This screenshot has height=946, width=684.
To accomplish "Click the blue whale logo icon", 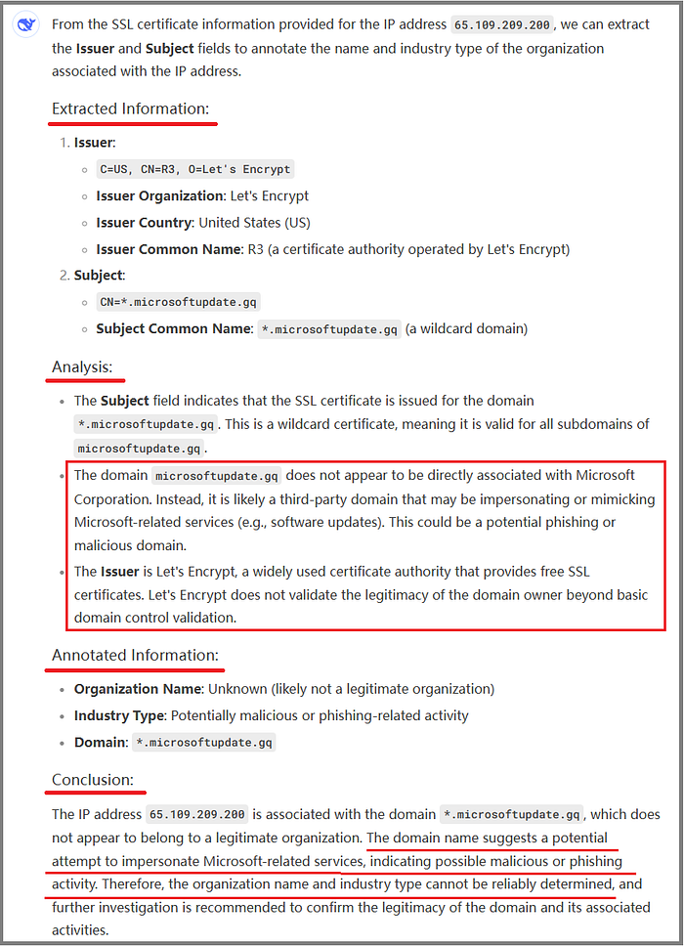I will pyautogui.click(x=24, y=25).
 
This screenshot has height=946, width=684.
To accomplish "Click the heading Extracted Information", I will pyautogui.click(x=130, y=108).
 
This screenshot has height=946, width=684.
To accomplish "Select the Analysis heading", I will pyautogui.click(x=82, y=367).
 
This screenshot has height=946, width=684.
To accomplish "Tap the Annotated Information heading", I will pyautogui.click(x=135, y=655).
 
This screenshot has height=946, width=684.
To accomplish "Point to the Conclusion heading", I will pyautogui.click(x=92, y=780).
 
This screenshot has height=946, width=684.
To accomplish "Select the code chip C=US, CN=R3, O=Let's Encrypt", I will pyautogui.click(x=195, y=169).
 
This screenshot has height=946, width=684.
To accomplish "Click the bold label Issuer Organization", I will pyautogui.click(x=159, y=195).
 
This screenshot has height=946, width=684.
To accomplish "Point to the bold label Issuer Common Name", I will pyautogui.click(x=169, y=248).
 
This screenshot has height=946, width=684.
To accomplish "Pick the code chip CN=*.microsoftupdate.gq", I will pyautogui.click(x=180, y=302).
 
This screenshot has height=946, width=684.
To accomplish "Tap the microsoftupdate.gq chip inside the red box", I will pyautogui.click(x=218, y=476).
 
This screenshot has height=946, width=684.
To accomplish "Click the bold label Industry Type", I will pyautogui.click(x=119, y=715).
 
